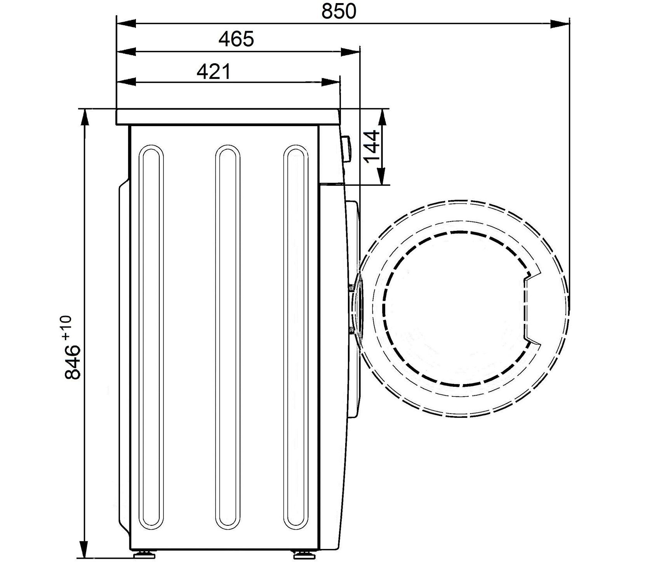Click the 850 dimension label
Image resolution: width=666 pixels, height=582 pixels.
click(x=338, y=11)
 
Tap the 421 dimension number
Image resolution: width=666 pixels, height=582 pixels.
click(x=214, y=71)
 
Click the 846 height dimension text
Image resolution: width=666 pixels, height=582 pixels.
click(x=73, y=362)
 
